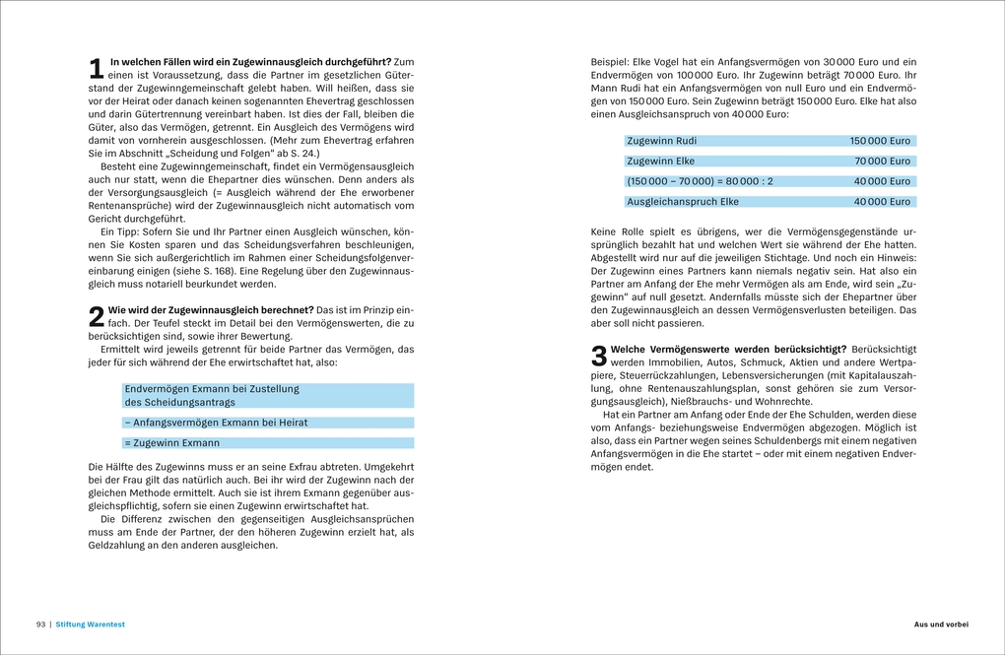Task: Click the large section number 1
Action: (x=96, y=68)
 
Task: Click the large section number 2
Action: (x=96, y=316)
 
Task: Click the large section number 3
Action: (x=599, y=356)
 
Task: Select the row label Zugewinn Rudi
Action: (x=661, y=141)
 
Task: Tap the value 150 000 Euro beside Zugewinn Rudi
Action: (x=880, y=141)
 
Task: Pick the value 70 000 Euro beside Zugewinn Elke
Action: (x=883, y=162)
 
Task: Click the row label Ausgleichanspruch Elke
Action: (x=683, y=202)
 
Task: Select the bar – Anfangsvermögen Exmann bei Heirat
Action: (x=216, y=423)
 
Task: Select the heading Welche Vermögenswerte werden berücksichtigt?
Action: (x=728, y=349)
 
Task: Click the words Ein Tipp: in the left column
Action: (x=123, y=230)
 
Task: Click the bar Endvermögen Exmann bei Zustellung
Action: (x=212, y=389)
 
